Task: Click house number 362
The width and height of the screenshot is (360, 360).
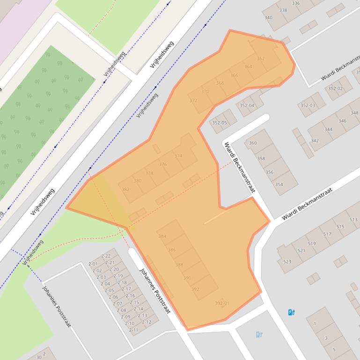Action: coord(261,58)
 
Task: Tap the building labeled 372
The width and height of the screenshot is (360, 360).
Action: coord(193,101)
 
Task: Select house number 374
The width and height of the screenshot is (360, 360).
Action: coord(178,156)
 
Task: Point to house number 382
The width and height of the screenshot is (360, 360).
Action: coord(125,189)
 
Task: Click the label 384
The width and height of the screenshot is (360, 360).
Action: coord(162,236)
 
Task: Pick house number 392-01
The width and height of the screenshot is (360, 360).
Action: coord(222,303)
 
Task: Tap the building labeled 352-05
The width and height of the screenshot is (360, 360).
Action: coord(219,123)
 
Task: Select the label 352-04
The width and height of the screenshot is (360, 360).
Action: coord(247,105)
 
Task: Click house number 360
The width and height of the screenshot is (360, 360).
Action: coord(253,143)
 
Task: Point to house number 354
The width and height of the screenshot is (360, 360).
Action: coord(279,184)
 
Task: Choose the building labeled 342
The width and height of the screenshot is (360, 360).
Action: coord(315,140)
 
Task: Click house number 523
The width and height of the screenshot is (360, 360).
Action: coord(287,261)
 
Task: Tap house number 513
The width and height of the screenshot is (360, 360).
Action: coord(353,219)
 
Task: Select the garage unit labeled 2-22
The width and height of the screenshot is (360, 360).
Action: coord(106,256)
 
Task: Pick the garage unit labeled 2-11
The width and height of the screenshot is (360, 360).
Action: coord(133,330)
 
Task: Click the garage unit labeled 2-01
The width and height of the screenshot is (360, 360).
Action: coord(94,264)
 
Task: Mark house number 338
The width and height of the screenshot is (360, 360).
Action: coord(283,10)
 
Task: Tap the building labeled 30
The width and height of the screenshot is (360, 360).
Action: coord(39,357)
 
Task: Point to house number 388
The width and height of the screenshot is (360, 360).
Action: coord(179,265)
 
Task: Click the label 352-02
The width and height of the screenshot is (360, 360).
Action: coord(335,88)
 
